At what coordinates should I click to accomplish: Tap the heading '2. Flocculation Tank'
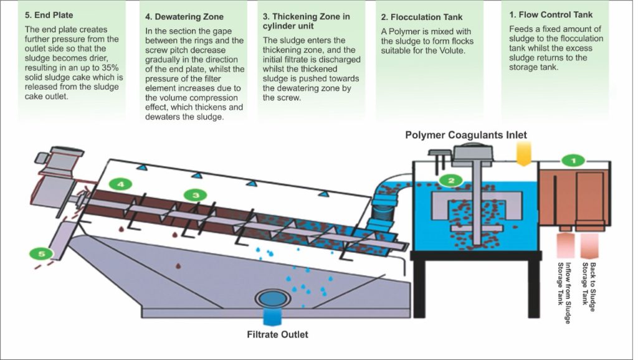pyautogui.click(x=421, y=17)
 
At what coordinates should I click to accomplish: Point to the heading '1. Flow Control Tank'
pyautogui.click(x=550, y=14)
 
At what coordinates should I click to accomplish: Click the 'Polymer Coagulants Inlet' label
pyautogui.click(x=465, y=135)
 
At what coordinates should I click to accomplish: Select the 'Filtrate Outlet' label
pyautogui.click(x=277, y=334)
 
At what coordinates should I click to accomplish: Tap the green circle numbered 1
pyautogui.click(x=573, y=160)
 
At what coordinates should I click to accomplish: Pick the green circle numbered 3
pyautogui.click(x=195, y=195)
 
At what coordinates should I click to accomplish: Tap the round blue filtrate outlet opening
pyautogui.click(x=272, y=297)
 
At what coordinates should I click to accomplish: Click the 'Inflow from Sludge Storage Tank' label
pyautogui.click(x=564, y=283)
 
